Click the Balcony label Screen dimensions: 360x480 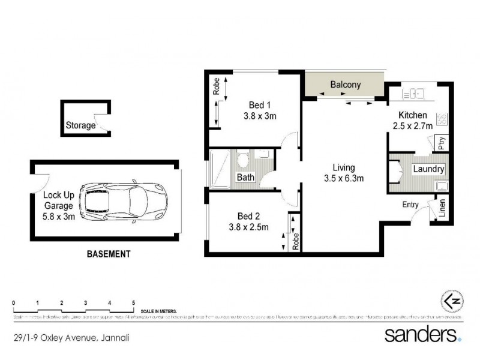(346, 85)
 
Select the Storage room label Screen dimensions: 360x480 (80, 125)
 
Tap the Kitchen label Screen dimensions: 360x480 (413, 115)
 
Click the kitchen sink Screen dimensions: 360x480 (415, 94)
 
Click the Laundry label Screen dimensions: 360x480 (428, 169)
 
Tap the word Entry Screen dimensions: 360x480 (410, 205)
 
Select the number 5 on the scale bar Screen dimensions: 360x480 (133, 302)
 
